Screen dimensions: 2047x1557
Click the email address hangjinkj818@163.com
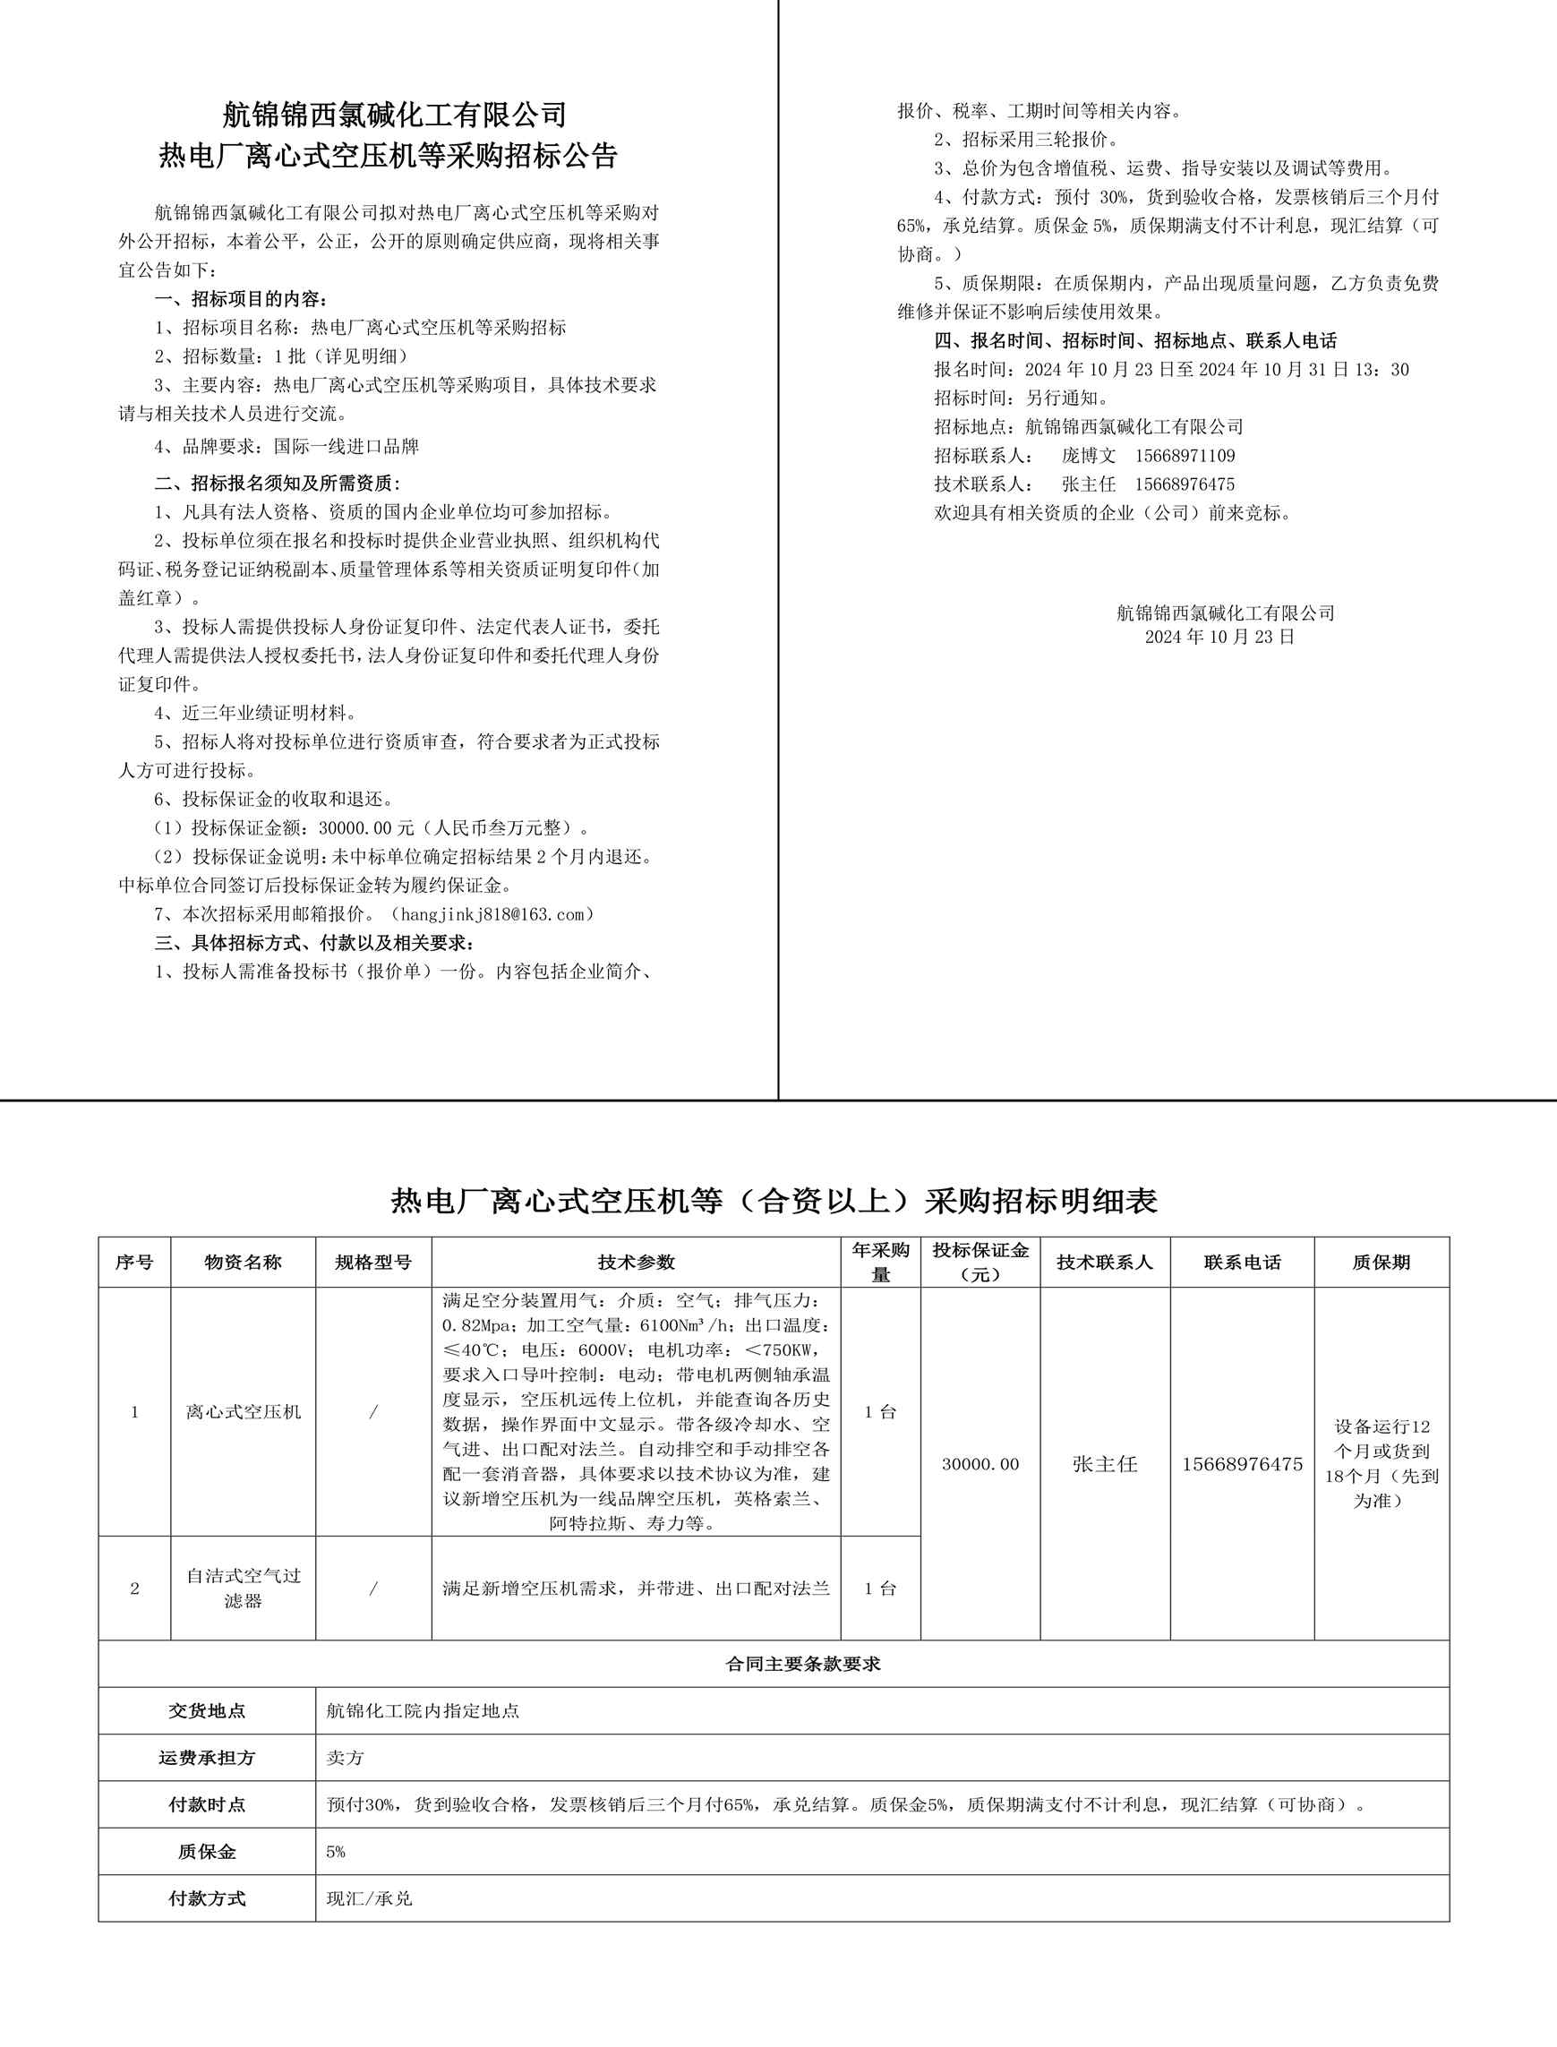point(492,914)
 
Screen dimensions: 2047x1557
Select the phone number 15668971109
point(1185,456)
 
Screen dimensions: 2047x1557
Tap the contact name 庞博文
point(1088,456)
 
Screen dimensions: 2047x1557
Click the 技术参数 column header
point(636,1262)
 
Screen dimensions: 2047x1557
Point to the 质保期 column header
point(1381,1262)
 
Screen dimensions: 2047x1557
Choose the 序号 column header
point(134,1262)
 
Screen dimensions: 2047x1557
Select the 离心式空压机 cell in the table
point(243,1412)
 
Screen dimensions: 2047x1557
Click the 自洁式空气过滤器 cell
point(243,1589)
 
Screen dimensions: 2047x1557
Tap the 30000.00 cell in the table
point(980,1464)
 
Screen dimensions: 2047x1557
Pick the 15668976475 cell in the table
point(1242,1464)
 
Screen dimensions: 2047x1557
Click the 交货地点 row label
point(207,1710)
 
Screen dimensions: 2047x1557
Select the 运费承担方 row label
point(207,1758)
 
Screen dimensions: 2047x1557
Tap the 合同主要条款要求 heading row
point(802,1664)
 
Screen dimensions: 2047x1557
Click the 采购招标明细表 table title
point(774,1202)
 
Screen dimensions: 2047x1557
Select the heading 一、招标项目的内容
point(240,299)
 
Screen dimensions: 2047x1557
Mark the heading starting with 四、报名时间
point(1135,340)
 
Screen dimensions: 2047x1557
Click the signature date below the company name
point(1219,637)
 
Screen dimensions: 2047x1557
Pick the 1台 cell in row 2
point(879,1589)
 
